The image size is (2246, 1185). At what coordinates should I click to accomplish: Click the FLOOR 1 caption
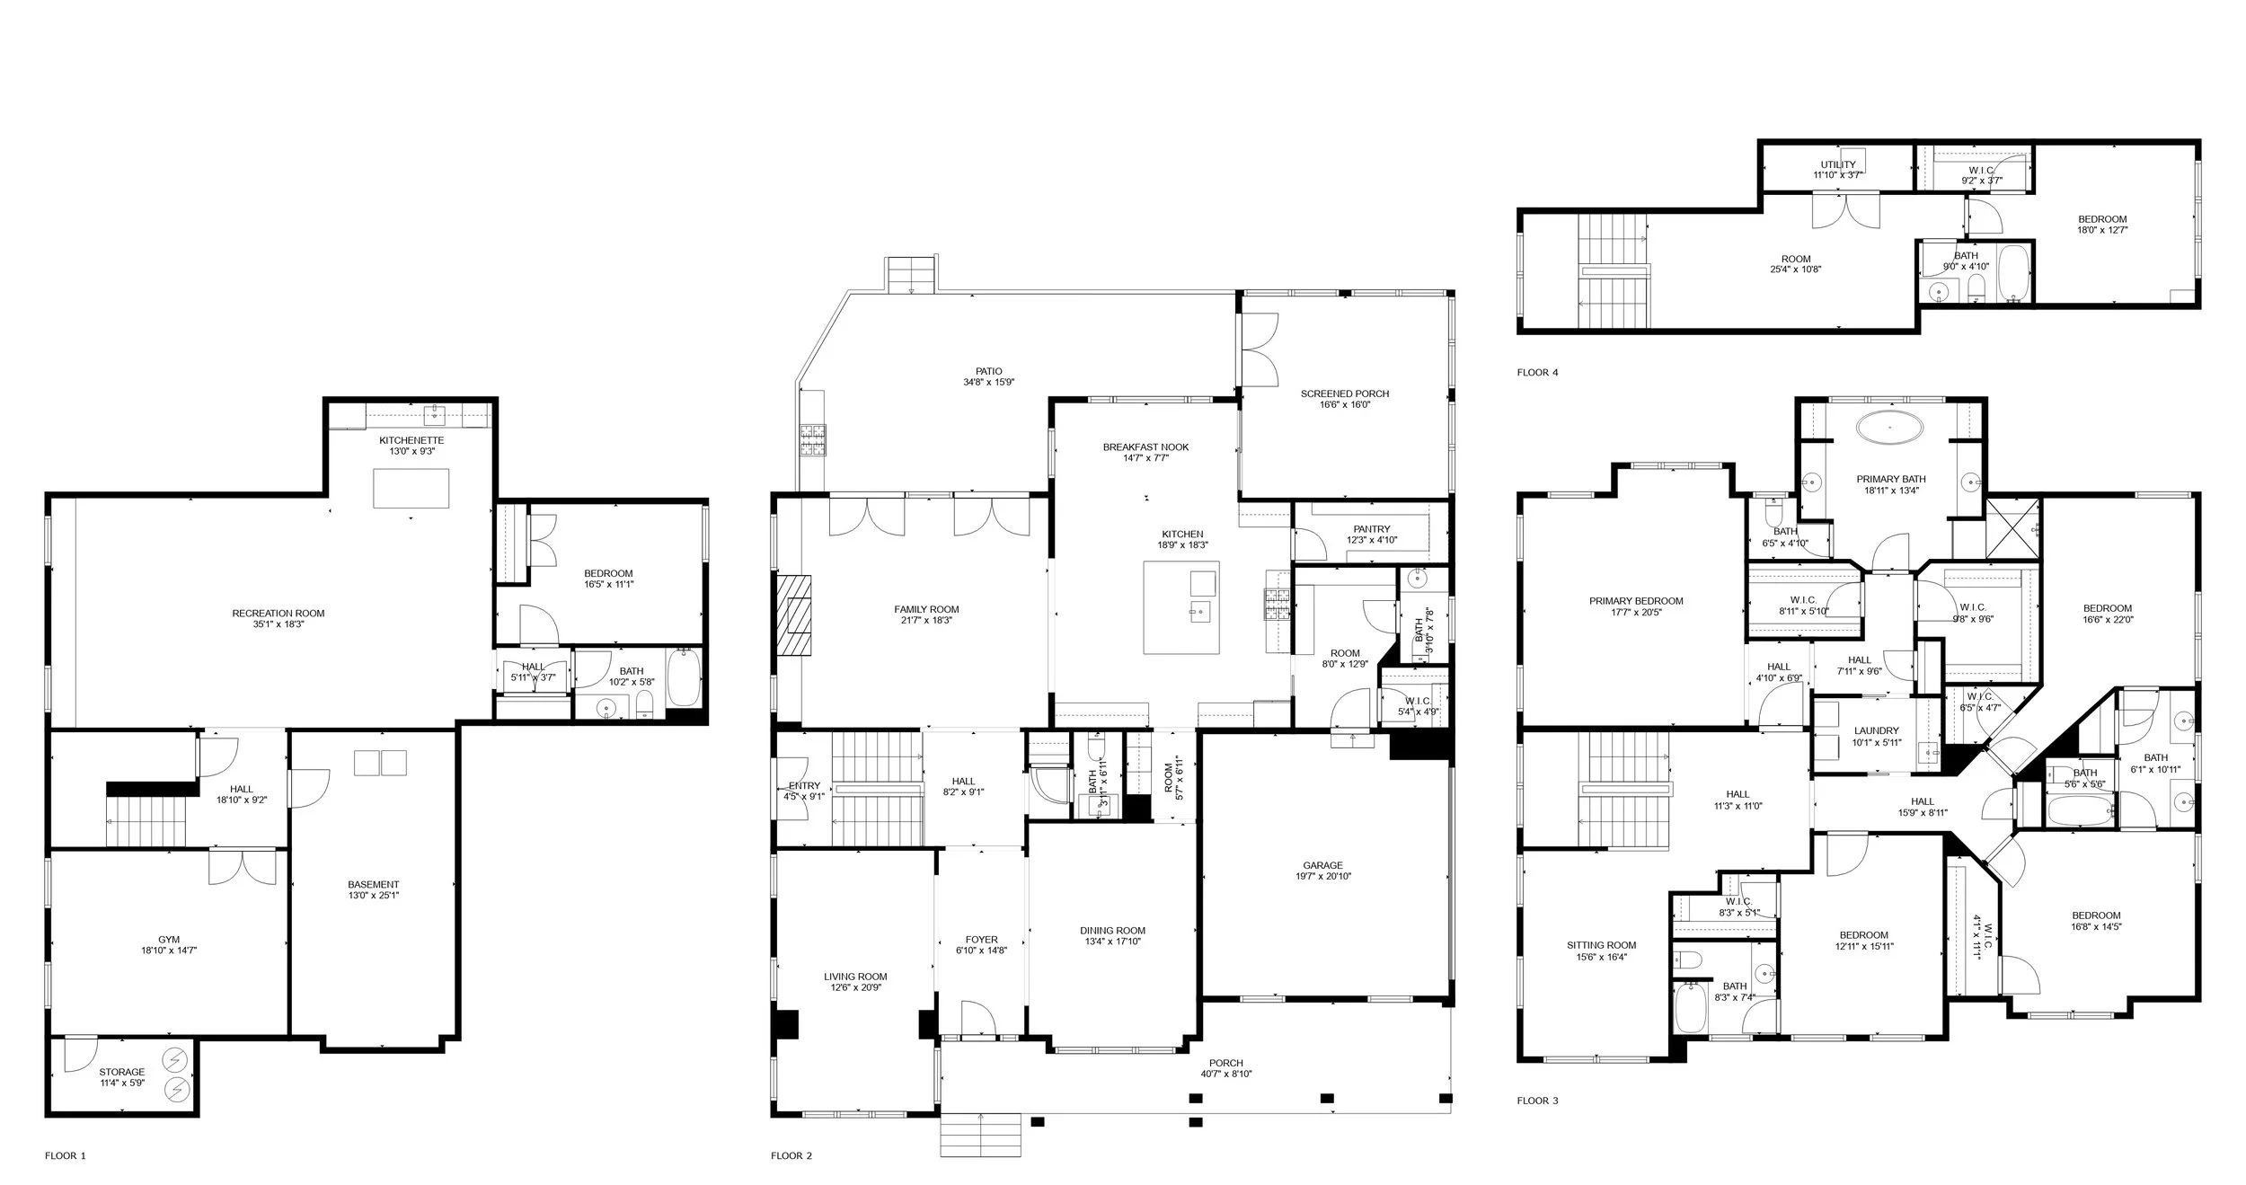(66, 1155)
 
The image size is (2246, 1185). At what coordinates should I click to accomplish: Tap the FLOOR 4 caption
(1537, 372)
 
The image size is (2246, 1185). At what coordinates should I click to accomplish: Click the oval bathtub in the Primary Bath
(1890, 428)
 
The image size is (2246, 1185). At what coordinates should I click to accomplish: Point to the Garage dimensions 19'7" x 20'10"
(1322, 877)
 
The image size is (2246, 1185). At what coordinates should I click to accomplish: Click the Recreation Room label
(279, 614)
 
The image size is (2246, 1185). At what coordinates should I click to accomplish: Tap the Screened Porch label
(1345, 394)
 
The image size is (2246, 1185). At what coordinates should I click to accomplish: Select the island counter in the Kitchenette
(411, 488)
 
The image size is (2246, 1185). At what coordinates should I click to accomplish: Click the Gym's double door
(242, 867)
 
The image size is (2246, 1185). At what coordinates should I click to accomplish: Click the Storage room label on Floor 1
(121, 1072)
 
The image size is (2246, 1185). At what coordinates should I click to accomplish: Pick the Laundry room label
(1876, 731)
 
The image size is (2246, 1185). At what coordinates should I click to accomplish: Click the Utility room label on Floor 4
(1837, 164)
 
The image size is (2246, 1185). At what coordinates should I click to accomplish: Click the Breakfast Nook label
(1145, 447)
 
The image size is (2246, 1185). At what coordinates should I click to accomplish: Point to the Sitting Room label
(1601, 945)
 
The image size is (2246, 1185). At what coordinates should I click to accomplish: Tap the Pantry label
(1371, 529)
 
